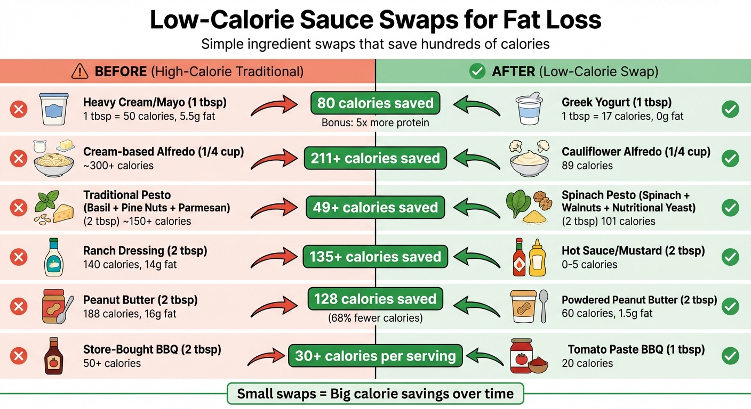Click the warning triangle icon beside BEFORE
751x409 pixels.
tap(81, 71)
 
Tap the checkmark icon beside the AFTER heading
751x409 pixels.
tap(477, 71)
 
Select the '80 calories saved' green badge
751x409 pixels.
tap(375, 103)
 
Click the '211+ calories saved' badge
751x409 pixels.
tap(375, 158)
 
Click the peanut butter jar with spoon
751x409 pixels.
tap(57, 306)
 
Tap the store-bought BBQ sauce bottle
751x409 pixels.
tap(53, 355)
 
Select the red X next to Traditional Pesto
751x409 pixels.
tap(19, 208)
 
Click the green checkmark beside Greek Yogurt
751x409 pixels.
tap(730, 110)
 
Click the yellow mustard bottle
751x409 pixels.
tap(537, 259)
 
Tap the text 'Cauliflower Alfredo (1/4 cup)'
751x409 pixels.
tap(636, 152)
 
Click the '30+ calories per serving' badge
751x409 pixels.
tap(375, 356)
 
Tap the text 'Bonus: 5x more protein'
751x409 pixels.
tap(375, 123)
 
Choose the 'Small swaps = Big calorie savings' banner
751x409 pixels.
tap(375, 394)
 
